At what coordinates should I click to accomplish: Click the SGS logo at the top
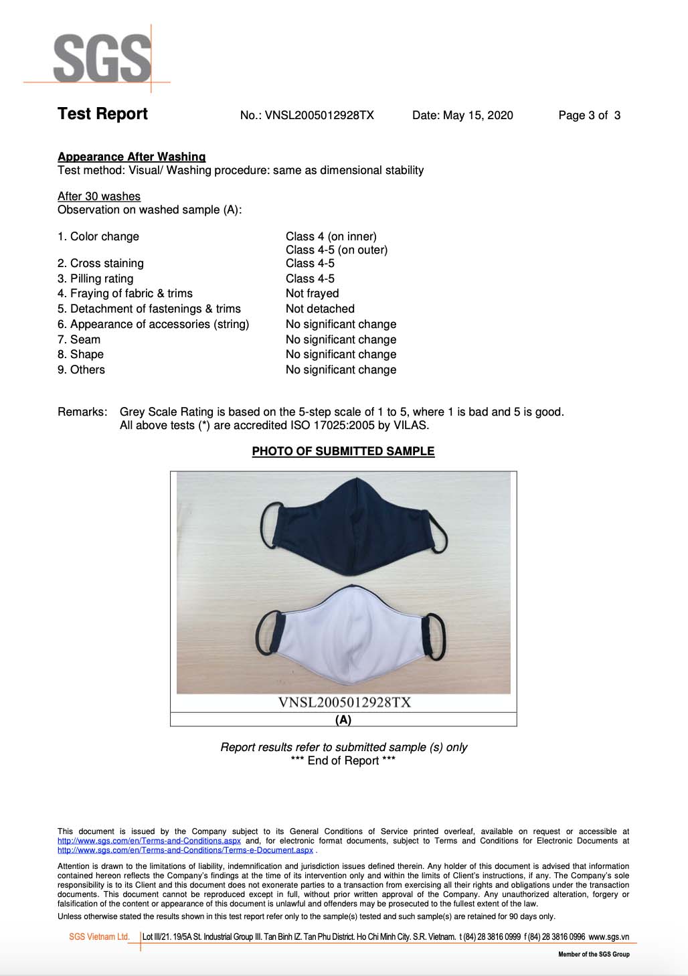102,59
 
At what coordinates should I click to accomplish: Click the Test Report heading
102,114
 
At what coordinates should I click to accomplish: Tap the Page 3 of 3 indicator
589,115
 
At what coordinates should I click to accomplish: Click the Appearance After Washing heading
131,157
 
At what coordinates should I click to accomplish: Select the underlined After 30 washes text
99,196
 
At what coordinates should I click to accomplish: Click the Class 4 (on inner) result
331,236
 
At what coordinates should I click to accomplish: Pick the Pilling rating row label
95,278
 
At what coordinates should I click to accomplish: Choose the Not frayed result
312,293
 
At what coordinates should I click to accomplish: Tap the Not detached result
320,309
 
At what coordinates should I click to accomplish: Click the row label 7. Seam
79,339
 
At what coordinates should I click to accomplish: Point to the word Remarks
82,412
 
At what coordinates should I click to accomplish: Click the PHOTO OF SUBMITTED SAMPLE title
343,451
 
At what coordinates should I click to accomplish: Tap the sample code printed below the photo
344,702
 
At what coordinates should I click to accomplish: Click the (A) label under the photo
343,720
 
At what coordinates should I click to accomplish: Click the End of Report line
343,760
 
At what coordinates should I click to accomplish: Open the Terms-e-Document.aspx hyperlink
185,850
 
